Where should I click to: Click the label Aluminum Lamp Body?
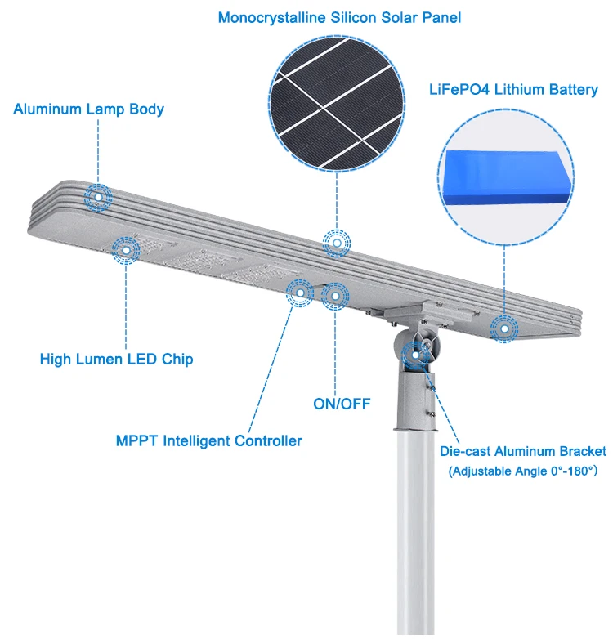[88, 109]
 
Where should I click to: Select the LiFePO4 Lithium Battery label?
[513, 90]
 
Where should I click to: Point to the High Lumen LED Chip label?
[117, 359]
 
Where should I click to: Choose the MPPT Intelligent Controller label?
[208, 441]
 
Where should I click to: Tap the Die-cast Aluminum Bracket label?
[523, 451]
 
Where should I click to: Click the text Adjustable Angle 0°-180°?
[523, 471]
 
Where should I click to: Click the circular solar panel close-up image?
[338, 101]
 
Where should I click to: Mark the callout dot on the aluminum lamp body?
[100, 197]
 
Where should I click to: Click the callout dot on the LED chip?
[126, 251]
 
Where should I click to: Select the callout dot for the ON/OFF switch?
[335, 296]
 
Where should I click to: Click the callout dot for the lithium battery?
[504, 329]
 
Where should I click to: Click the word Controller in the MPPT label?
[268, 441]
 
